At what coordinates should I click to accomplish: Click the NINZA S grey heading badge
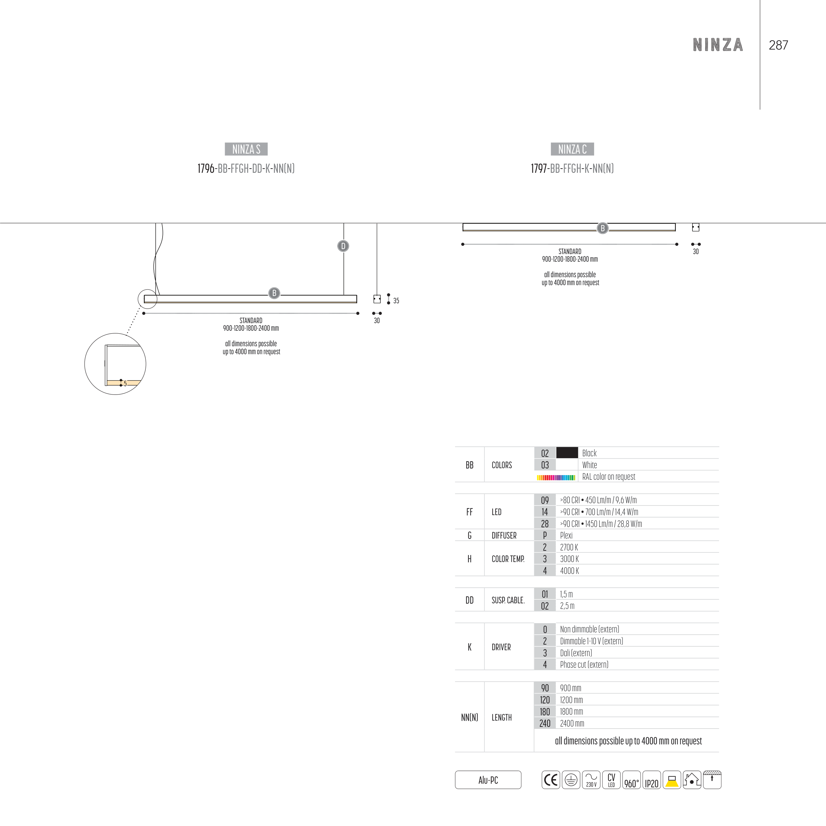[x=246, y=149]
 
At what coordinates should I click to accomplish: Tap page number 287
[x=778, y=45]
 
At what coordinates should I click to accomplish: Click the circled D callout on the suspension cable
[x=343, y=246]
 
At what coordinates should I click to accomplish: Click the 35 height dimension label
[x=396, y=301]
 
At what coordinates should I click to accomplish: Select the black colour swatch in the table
[x=567, y=453]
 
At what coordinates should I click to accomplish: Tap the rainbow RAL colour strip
[x=556, y=477]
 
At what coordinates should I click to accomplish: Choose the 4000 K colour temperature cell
[x=570, y=571]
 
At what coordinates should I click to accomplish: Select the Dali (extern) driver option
[x=576, y=653]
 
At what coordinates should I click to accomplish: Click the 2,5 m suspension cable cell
[x=567, y=606]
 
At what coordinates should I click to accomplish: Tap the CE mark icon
[x=551, y=780]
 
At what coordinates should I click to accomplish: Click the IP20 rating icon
[x=652, y=780]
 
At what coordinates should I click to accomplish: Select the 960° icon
[x=631, y=780]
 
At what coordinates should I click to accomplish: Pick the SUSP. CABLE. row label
[x=508, y=600]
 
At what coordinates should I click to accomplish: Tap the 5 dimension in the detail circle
[x=125, y=384]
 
